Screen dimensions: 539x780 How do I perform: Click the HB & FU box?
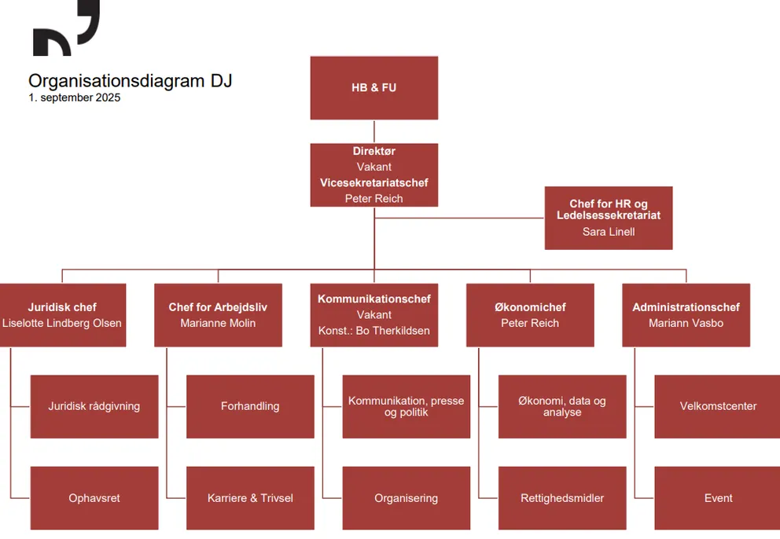pos(373,88)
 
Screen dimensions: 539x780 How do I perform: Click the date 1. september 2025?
pos(75,98)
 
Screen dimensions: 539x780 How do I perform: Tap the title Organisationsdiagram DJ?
pos(130,81)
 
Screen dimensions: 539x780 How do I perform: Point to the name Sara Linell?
pos(609,232)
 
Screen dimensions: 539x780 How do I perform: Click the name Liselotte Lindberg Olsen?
pos(62,323)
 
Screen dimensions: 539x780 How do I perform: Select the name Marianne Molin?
pos(218,323)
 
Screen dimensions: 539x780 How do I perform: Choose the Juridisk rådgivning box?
pos(94,406)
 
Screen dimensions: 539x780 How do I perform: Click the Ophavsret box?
pos(94,498)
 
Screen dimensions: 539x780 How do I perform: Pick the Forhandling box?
pos(250,406)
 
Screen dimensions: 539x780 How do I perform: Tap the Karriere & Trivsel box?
pos(250,498)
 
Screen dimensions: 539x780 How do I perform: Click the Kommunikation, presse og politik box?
pos(406,406)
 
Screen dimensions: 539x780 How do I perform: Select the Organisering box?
pos(406,498)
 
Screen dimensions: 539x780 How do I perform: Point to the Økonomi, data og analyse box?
pos(562,406)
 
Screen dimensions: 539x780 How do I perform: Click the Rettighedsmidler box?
pos(562,498)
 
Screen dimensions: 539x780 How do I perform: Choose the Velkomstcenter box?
pos(717,406)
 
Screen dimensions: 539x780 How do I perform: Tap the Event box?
pos(717,498)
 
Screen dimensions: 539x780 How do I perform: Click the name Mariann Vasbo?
pos(686,323)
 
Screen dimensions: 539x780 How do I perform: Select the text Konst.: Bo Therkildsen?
pos(374,331)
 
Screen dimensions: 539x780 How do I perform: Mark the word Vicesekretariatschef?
pos(374,183)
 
